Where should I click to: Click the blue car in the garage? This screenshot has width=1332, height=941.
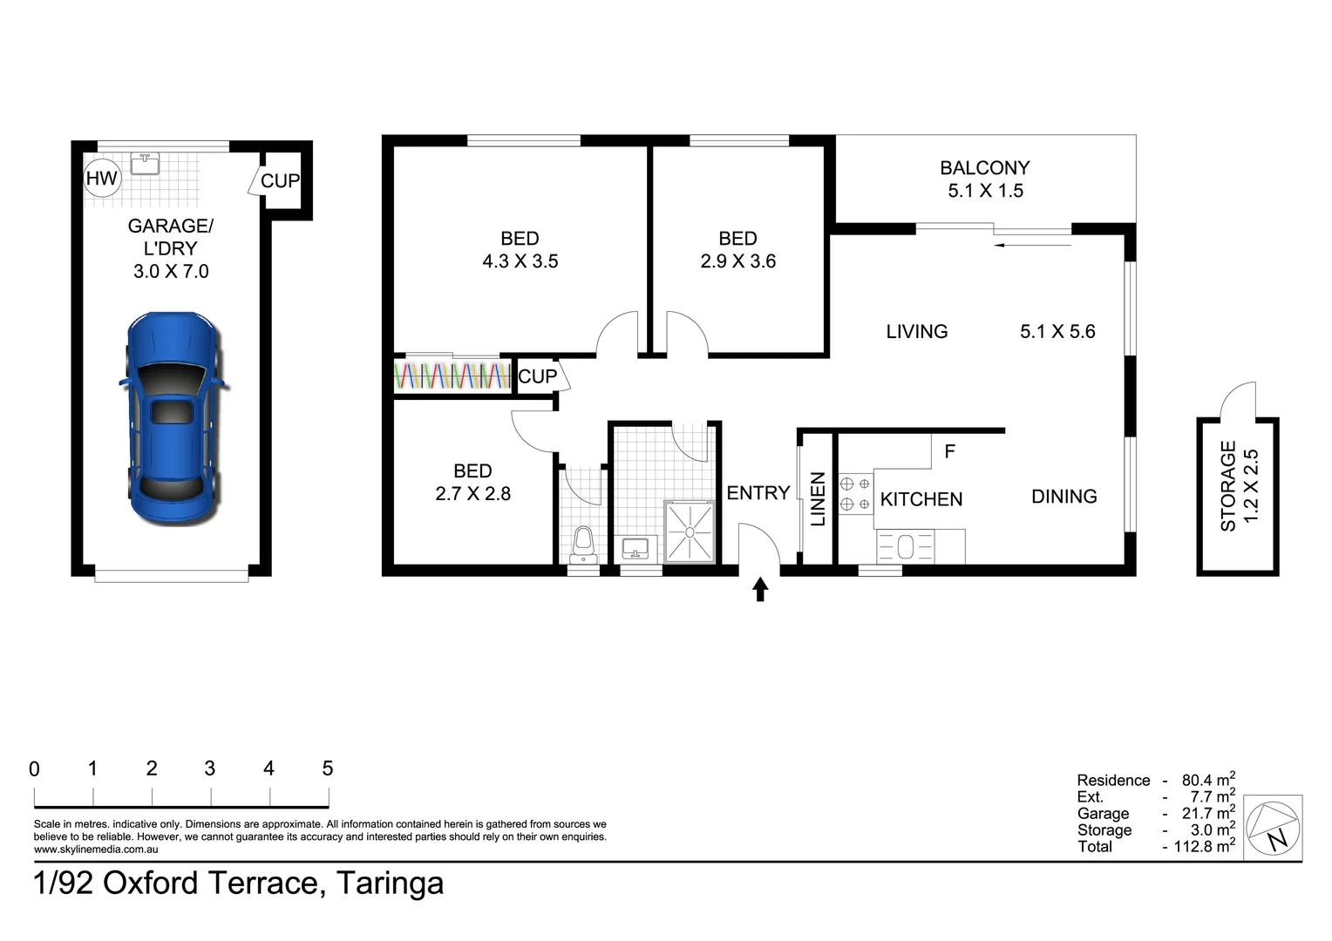pyautogui.click(x=172, y=418)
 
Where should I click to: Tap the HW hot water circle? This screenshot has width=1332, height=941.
pyautogui.click(x=101, y=179)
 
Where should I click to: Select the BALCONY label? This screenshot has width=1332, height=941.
pyautogui.click(x=984, y=167)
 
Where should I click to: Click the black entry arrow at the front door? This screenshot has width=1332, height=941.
pyautogui.click(x=760, y=590)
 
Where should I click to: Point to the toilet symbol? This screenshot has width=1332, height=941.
pyautogui.click(x=583, y=541)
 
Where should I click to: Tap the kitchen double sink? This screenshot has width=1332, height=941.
pyautogui.click(x=906, y=547)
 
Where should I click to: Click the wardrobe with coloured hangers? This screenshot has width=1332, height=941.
pyautogui.click(x=452, y=376)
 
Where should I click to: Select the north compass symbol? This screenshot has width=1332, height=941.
pyautogui.click(x=1274, y=825)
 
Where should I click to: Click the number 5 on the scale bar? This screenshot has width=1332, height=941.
pyautogui.click(x=328, y=768)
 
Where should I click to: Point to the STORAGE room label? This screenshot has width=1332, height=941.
pyautogui.click(x=1227, y=486)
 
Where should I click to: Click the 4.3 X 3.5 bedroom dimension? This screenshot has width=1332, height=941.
pyautogui.click(x=520, y=261)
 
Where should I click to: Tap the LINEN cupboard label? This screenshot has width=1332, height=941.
pyautogui.click(x=818, y=499)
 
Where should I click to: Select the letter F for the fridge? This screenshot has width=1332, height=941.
pyautogui.click(x=950, y=451)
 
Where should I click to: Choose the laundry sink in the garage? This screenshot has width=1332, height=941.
pyautogui.click(x=145, y=164)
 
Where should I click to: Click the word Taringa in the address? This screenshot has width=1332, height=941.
pyautogui.click(x=390, y=883)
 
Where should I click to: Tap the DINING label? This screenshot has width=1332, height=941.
pyautogui.click(x=1064, y=497)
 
